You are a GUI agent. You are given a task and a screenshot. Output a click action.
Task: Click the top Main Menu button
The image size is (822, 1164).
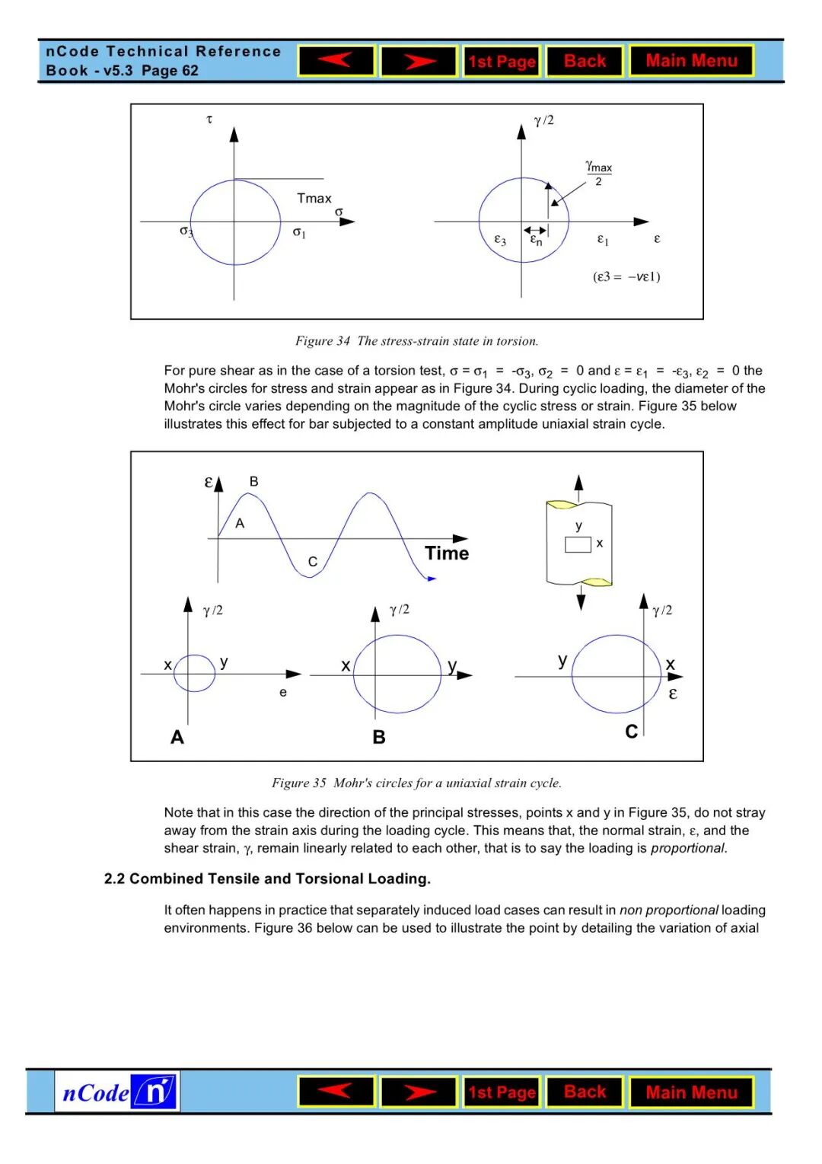pos(691,61)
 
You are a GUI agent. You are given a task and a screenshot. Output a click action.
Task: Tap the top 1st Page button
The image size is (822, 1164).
pos(502,62)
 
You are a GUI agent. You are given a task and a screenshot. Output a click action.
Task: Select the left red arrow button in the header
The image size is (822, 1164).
pos(336,61)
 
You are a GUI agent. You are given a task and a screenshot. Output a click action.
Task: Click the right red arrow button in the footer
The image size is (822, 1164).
pos(419,1092)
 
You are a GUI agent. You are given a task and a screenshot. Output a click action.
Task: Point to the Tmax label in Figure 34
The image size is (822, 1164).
pos(314,199)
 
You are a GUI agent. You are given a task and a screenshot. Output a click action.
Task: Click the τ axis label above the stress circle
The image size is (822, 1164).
pos(209,120)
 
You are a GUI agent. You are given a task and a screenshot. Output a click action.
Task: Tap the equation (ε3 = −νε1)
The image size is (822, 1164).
pos(626,276)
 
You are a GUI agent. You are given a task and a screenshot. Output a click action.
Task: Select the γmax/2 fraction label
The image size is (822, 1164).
pos(599,174)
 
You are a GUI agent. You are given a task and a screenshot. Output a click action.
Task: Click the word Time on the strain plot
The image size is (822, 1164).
pos(447,553)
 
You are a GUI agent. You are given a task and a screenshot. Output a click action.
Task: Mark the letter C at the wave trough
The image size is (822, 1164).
pos(312,562)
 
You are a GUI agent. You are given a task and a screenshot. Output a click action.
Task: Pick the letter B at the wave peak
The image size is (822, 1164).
pos(253,481)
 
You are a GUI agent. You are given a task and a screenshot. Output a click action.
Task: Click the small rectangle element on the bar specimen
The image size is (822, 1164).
pos(578,544)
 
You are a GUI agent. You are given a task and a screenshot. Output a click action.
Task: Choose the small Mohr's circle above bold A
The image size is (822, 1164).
pos(195,673)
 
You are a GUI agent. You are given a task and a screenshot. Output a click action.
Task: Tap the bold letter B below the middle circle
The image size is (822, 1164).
pos(379,737)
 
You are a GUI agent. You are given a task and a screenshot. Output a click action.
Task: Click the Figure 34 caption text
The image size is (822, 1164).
pos(416,341)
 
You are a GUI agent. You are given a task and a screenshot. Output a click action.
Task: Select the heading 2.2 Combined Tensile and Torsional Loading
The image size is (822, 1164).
pos(267,879)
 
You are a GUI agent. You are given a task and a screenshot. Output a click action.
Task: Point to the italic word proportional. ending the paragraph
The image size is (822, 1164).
pos(688,848)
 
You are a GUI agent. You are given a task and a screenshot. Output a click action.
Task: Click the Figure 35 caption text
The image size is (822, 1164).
pos(416,783)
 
